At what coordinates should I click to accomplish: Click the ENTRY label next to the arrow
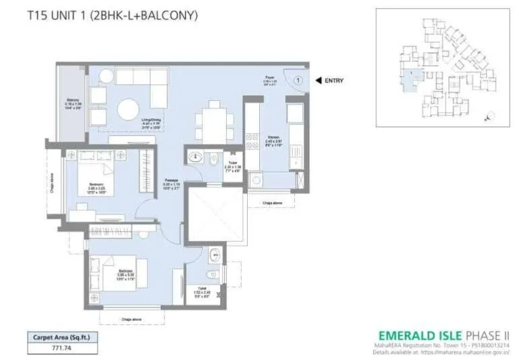point(334,81)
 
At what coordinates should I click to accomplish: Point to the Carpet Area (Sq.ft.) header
point(59,337)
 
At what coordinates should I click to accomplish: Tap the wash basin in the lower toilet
point(213,255)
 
